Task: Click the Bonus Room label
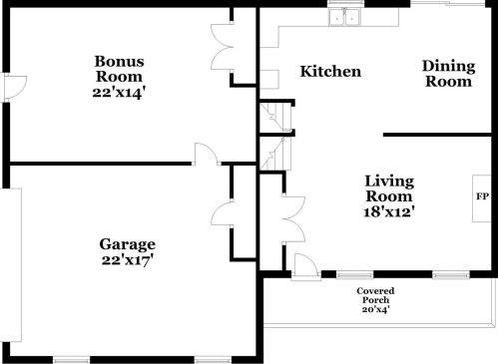(x=119, y=68)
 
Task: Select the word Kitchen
(x=330, y=72)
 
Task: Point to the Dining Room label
(x=447, y=74)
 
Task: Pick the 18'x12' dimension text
(x=388, y=211)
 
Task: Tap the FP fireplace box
(x=481, y=195)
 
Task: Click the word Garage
(x=127, y=244)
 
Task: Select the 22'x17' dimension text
(x=127, y=260)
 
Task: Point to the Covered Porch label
(x=374, y=295)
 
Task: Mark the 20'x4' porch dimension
(x=374, y=309)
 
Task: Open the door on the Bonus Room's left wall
(x=12, y=87)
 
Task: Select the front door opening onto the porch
(x=304, y=264)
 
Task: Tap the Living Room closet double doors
(x=290, y=211)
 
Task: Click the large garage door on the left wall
(x=6, y=259)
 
